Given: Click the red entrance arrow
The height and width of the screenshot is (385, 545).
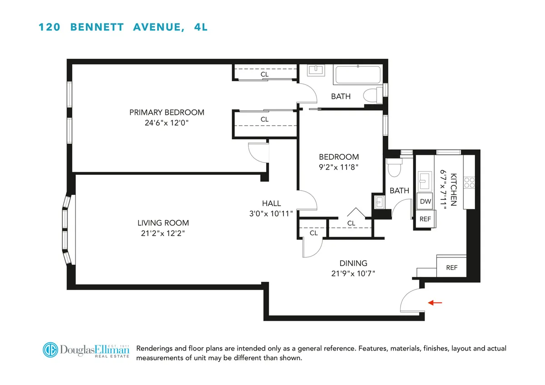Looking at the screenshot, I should pos(434,302).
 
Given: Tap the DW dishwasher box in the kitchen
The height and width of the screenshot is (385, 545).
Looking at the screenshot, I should pos(425,202).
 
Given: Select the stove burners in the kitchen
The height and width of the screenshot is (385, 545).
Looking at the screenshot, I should pos(469,183).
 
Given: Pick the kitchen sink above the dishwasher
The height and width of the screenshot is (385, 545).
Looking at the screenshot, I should pos(425,180).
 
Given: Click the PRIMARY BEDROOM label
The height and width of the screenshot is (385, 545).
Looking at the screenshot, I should pos(167,112).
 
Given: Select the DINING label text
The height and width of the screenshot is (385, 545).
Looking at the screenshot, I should pos(353,263).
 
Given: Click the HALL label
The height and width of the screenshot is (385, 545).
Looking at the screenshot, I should pos(271,203).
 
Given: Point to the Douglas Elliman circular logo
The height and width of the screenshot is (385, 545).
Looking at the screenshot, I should pos(51,350).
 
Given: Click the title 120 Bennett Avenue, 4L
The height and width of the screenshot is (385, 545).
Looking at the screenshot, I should pos(123,27).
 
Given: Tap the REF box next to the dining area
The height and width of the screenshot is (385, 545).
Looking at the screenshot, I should pos(451,267).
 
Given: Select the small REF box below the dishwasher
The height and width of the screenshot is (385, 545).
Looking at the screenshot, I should pos(425,219).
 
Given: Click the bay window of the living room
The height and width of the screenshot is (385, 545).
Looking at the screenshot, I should pos(67,230).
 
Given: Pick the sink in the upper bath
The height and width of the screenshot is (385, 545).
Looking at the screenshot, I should pos(314,70).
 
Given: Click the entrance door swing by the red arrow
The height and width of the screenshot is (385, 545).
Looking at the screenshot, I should pos(411,300).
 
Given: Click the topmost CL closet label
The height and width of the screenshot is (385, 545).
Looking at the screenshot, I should pos(264,74).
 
